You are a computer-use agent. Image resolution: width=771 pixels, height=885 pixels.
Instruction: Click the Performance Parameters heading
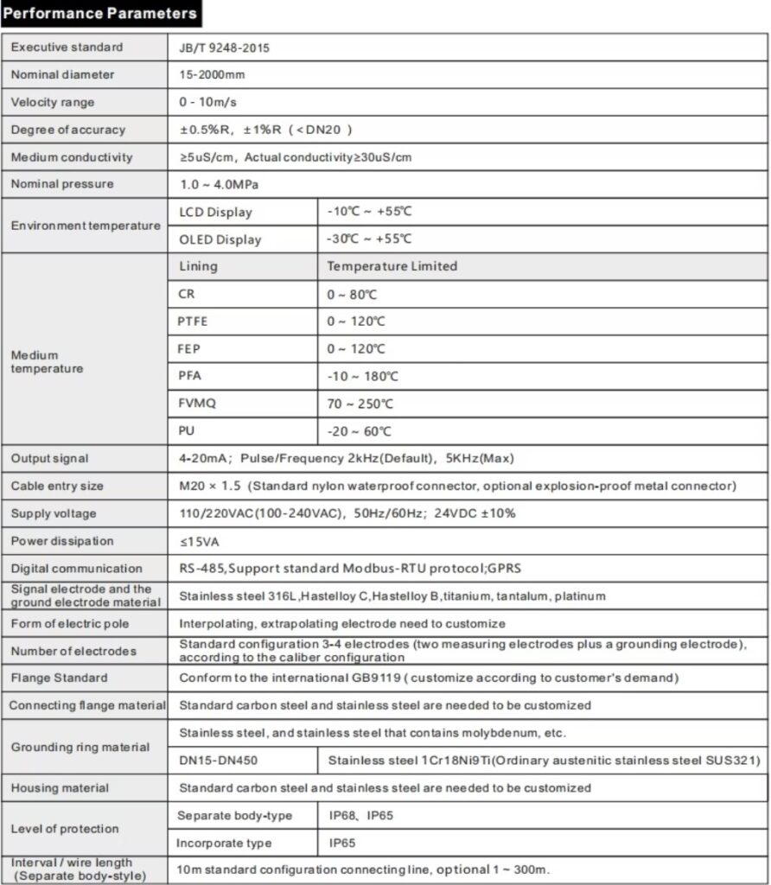tap(100, 14)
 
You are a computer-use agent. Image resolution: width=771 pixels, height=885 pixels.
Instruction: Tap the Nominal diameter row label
tap(62, 75)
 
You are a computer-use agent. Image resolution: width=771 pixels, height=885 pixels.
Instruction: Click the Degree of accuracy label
tap(67, 130)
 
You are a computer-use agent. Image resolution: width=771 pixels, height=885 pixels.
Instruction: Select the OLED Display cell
tap(220, 239)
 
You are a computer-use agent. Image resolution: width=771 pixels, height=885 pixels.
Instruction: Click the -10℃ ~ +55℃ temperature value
tap(369, 212)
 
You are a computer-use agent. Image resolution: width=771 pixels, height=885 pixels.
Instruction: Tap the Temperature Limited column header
tap(392, 266)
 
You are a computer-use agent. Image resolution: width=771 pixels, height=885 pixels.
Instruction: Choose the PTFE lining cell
tap(193, 322)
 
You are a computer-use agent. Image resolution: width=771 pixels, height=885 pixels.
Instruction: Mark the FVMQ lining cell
tap(195, 404)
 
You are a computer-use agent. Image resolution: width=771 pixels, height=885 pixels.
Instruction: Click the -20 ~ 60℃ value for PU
tap(359, 431)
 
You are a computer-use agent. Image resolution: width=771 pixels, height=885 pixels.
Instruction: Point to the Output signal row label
tap(49, 458)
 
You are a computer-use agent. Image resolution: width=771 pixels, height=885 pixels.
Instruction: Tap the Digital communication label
tap(76, 569)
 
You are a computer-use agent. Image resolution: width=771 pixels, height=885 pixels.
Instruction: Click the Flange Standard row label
tap(59, 678)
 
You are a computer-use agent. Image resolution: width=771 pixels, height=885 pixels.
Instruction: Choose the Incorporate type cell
tap(224, 843)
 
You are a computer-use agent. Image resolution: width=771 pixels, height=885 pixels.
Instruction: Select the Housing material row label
tap(60, 788)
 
